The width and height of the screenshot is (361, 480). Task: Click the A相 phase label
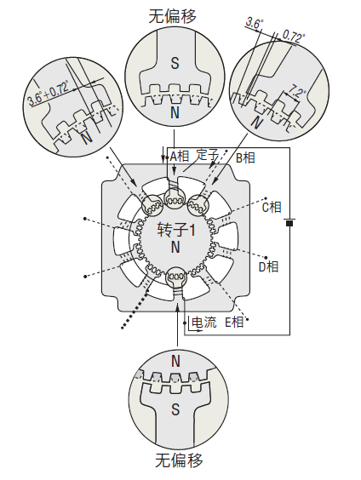[x=180, y=157]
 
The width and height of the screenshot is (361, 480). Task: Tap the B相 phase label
[x=245, y=158]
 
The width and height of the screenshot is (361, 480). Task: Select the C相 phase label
[x=272, y=208]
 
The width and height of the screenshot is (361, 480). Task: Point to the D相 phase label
[x=268, y=267]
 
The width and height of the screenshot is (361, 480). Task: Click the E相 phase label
[x=234, y=322]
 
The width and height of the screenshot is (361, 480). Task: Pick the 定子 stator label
[x=207, y=155]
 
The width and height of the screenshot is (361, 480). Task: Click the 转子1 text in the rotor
[x=176, y=230]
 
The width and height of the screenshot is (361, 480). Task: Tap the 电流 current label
[x=204, y=322]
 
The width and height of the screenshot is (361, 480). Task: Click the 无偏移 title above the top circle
[x=173, y=16]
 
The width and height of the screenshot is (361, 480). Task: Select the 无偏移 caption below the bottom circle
[x=179, y=460]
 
